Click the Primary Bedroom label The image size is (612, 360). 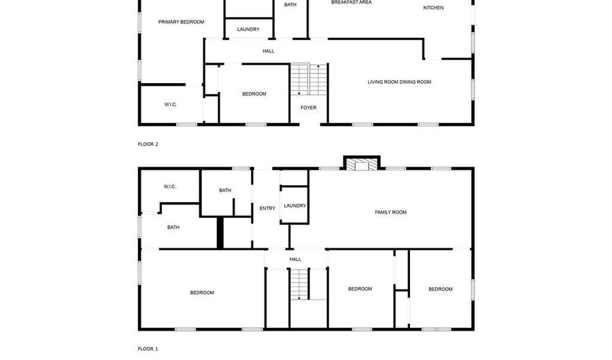pyautogui.click(x=181, y=22)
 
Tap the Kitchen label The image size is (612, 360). pyautogui.click(x=433, y=7)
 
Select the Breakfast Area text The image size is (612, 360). pyautogui.click(x=351, y=3)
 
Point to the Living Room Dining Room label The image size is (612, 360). pyautogui.click(x=399, y=82)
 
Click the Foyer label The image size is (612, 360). pyautogui.click(x=309, y=108)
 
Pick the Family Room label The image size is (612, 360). pyautogui.click(x=390, y=212)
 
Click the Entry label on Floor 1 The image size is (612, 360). pyautogui.click(x=267, y=208)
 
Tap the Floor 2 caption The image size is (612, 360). pyautogui.click(x=148, y=144)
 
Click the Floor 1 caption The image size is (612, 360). pyautogui.click(x=148, y=349)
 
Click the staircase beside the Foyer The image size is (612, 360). pyautogui.click(x=309, y=80)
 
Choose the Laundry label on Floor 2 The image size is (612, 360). pyautogui.click(x=248, y=29)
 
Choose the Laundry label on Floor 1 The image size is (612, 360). pyautogui.click(x=294, y=206)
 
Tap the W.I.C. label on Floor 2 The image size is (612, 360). pyautogui.click(x=170, y=104)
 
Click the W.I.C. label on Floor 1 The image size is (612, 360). pyautogui.click(x=169, y=186)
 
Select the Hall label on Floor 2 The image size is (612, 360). pyautogui.click(x=268, y=51)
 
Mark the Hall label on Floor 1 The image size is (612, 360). pyautogui.click(x=295, y=259)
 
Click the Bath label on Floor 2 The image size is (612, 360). pyautogui.click(x=290, y=5)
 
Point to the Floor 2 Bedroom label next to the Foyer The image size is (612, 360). pyautogui.click(x=254, y=94)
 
